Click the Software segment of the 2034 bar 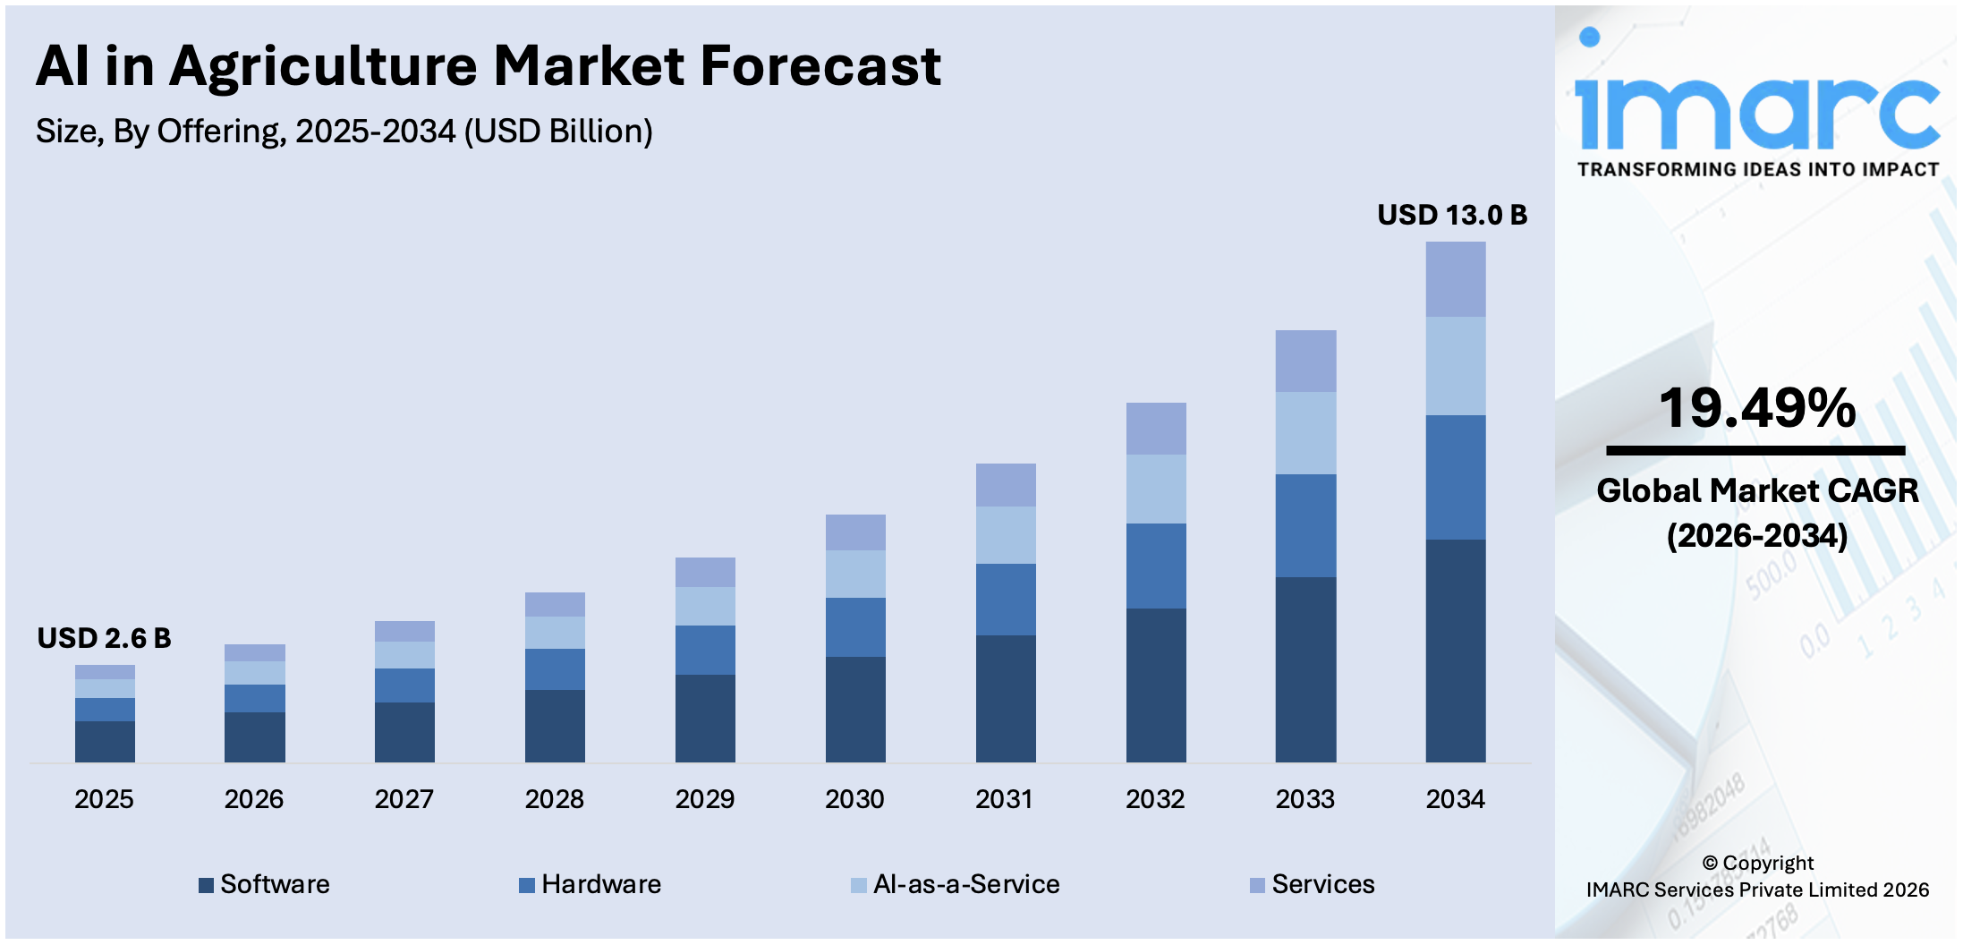pyautogui.click(x=1455, y=651)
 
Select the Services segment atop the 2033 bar pyautogui.click(x=1305, y=361)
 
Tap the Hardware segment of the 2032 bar pyautogui.click(x=1155, y=566)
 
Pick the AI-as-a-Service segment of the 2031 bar pyautogui.click(x=1006, y=534)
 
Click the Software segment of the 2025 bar pyautogui.click(x=105, y=741)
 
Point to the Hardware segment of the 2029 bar pyautogui.click(x=705, y=650)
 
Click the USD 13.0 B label pyautogui.click(x=1451, y=215)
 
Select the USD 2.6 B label pyautogui.click(x=104, y=638)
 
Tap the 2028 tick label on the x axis pyautogui.click(x=554, y=798)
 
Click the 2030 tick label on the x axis pyautogui.click(x=854, y=798)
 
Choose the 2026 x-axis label pyautogui.click(x=253, y=798)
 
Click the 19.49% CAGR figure pyautogui.click(x=1757, y=408)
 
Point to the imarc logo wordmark pyautogui.click(x=1756, y=114)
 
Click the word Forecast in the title pyautogui.click(x=820, y=66)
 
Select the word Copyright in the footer pyautogui.click(x=1767, y=863)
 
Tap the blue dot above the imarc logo pyautogui.click(x=1589, y=37)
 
